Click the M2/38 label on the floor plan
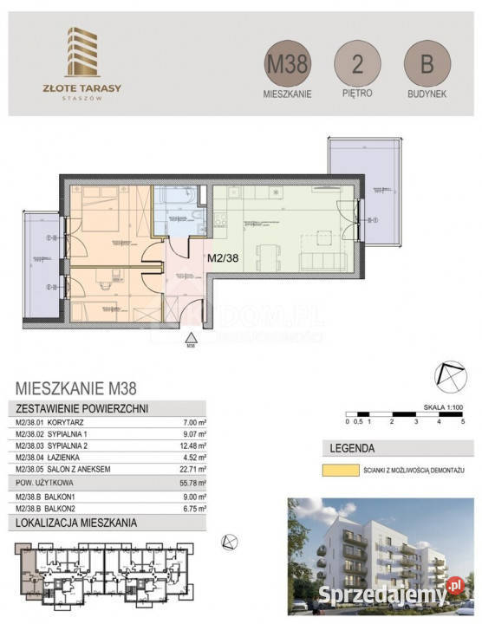224,257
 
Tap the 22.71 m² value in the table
193,470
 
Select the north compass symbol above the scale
450,374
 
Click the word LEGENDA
351,449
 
